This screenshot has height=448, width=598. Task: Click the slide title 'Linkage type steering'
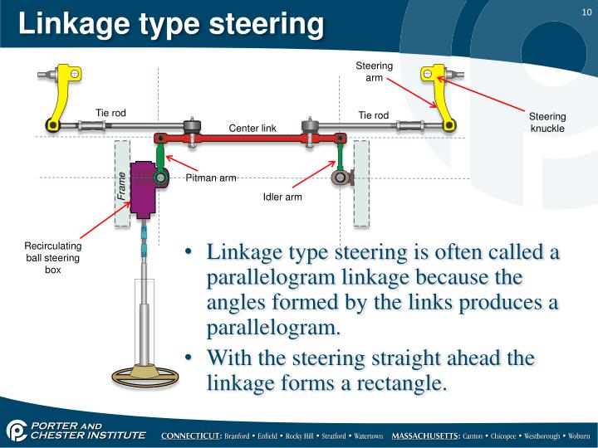170,22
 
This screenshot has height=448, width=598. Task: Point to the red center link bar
249,138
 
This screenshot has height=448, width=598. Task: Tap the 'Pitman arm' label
211,178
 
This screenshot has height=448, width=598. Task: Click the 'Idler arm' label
282,197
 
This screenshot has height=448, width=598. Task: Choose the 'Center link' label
252,127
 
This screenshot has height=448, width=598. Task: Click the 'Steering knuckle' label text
547,122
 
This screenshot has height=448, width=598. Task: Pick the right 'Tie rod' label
373,114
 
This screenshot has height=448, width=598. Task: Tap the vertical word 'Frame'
121,187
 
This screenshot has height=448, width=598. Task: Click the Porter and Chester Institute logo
75,431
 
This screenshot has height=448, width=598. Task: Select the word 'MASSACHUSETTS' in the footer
426,436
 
